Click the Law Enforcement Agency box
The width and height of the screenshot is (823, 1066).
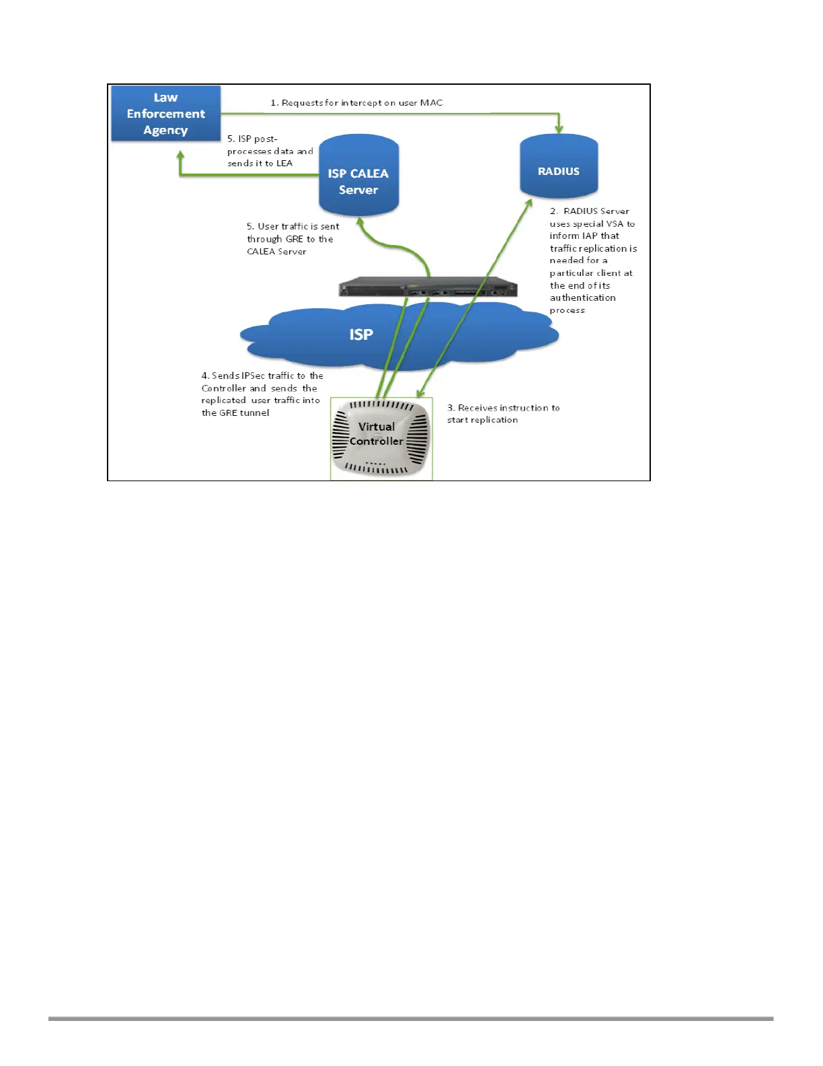[x=165, y=113]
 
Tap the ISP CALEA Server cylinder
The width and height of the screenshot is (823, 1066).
[x=358, y=176]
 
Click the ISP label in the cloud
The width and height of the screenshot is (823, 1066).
[x=361, y=334]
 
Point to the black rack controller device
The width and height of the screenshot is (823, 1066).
[x=428, y=287]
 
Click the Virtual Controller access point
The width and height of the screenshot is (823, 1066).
[x=381, y=438]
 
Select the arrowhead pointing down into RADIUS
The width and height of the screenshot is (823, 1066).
[x=559, y=128]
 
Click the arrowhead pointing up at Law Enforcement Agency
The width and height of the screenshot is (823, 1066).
[x=180, y=156]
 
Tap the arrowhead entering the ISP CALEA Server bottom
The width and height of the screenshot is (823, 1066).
[x=360, y=221]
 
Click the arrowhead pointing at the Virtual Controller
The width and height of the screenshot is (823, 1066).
[x=422, y=392]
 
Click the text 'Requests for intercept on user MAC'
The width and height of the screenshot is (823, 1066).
[x=362, y=103]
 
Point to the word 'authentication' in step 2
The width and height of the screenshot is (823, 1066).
[x=582, y=297]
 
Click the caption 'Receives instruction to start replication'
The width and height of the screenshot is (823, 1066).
[x=503, y=414]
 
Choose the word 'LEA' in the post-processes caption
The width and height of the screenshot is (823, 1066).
[x=284, y=164]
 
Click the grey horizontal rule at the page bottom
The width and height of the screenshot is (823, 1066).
[x=411, y=1019]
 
